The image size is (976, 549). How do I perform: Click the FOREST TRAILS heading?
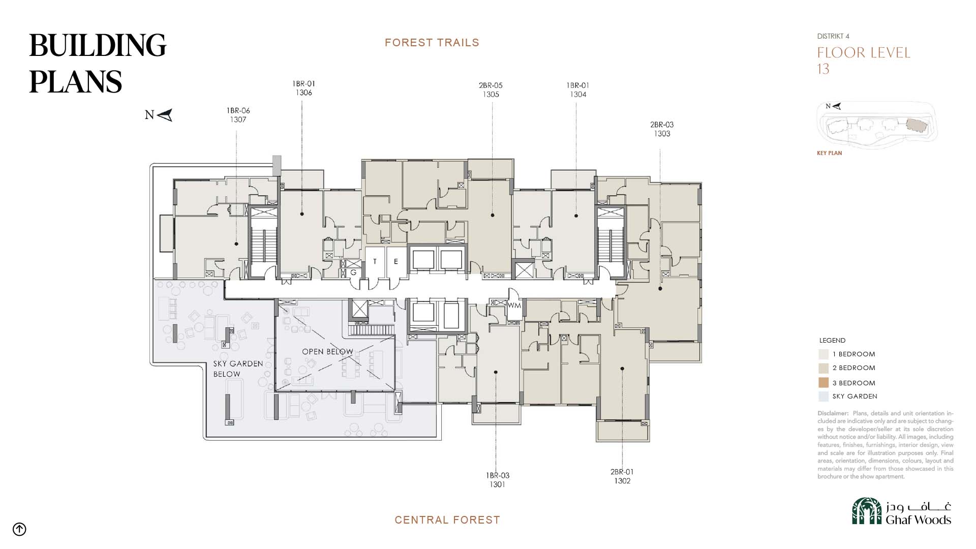click(432, 43)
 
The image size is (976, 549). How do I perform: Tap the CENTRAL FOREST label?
click(447, 520)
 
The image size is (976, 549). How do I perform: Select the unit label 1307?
click(238, 120)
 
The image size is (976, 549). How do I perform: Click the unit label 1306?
click(303, 93)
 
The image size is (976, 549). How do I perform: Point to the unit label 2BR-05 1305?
click(491, 90)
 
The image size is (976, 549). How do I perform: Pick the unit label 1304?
click(578, 95)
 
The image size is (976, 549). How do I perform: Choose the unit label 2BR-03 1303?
click(662, 129)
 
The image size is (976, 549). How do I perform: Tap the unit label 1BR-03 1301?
click(497, 480)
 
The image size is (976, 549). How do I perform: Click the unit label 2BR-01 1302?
click(622, 476)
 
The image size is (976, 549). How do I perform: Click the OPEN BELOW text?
click(327, 352)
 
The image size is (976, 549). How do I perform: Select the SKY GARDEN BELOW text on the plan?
click(238, 369)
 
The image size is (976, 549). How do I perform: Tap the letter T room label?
click(375, 262)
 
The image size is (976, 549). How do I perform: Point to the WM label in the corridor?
click(514, 306)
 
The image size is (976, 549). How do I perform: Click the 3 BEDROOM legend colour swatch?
click(823, 383)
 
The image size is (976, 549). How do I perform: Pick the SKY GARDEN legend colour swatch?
click(823, 396)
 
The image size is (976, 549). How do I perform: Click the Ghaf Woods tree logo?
click(867, 511)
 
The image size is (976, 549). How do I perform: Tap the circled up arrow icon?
click(19, 529)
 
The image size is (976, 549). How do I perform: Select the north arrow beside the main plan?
click(165, 115)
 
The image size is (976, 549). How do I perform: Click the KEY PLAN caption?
click(829, 153)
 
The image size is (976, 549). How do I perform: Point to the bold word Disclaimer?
click(833, 413)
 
